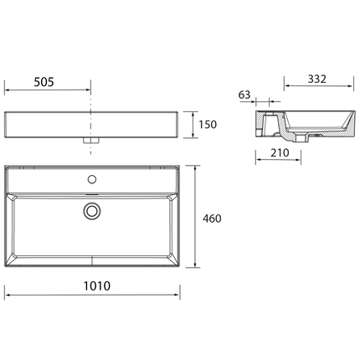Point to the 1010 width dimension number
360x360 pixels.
[x=94, y=285]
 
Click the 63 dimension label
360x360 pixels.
[x=244, y=95]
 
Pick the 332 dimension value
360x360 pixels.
[x=316, y=79]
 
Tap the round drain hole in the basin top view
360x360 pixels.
[x=92, y=211]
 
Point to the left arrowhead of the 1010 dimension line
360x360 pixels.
[x=8, y=295]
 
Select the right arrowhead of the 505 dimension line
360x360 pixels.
[x=89, y=87]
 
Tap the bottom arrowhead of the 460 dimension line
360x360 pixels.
[x=196, y=270]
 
